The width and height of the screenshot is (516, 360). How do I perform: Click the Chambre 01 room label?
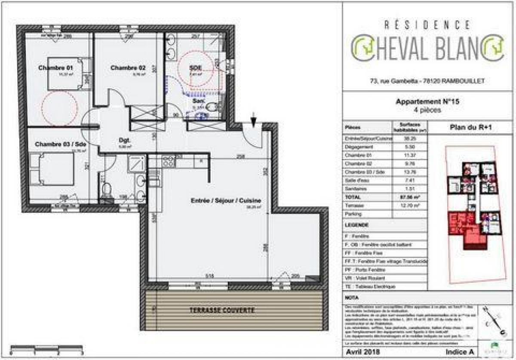pyautogui.click(x=56, y=68)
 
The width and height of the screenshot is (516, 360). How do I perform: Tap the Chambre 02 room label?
pyautogui.click(x=128, y=68)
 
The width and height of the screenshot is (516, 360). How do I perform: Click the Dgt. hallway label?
pyautogui.click(x=125, y=140)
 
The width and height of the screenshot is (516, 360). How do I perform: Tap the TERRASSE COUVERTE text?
pyautogui.click(x=223, y=310)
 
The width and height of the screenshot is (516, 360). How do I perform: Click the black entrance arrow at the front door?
pyautogui.click(x=254, y=120)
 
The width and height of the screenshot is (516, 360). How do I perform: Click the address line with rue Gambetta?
pyautogui.click(x=424, y=80)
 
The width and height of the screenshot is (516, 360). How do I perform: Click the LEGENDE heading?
pyautogui.click(x=357, y=225)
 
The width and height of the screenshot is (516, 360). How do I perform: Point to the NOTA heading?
pyautogui.click(x=352, y=297)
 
